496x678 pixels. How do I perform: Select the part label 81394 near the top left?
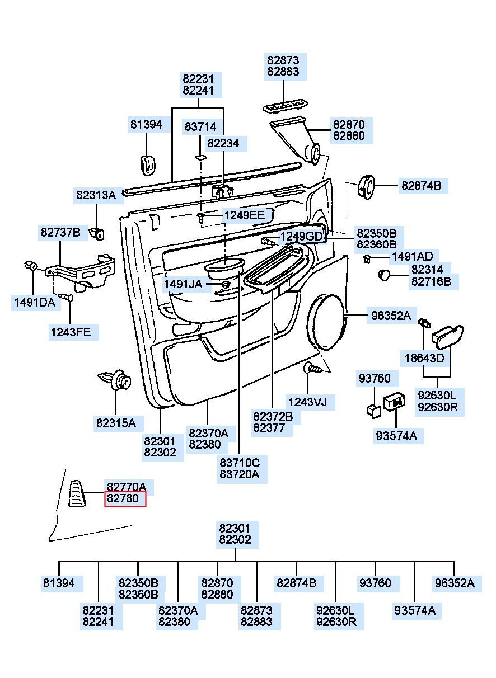(146, 124)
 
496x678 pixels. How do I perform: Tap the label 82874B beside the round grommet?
(421, 185)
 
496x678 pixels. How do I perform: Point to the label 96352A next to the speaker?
(391, 316)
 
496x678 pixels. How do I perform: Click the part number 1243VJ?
(307, 402)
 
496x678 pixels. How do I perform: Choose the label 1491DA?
(35, 302)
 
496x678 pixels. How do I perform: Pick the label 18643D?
(424, 359)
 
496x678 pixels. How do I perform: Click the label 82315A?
(116, 423)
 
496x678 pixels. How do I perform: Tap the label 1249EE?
(244, 215)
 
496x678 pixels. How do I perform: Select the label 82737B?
(60, 232)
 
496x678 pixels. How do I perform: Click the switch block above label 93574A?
(395, 402)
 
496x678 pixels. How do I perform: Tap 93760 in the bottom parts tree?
(375, 583)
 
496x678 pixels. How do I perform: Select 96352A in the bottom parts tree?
(455, 583)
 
